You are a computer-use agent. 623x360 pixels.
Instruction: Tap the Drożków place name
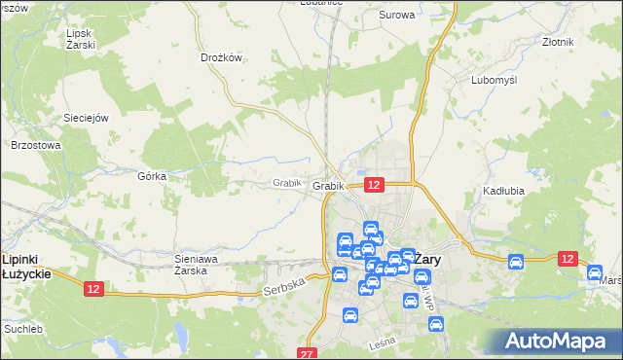click(220, 57)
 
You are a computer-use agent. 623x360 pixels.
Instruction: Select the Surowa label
click(396, 16)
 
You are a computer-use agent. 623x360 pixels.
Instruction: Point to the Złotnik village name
click(558, 42)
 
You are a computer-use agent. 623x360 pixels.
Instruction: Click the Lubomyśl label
click(493, 80)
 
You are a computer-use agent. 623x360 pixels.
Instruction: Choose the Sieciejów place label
click(85, 117)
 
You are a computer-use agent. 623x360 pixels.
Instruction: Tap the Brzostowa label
click(36, 145)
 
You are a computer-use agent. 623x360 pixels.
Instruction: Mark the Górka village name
click(153, 176)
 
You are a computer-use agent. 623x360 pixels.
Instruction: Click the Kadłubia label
click(503, 191)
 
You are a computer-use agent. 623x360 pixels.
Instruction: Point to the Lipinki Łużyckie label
click(27, 266)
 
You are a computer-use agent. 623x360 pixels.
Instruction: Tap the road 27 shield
click(308, 354)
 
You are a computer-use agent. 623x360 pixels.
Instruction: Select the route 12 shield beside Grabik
click(375, 184)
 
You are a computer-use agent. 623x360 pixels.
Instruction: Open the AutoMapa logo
click(559, 341)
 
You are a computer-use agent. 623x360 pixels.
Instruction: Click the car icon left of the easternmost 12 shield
click(516, 261)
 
